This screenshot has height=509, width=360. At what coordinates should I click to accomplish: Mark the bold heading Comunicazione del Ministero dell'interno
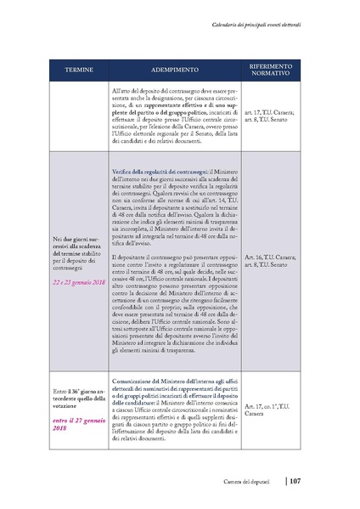tap(176, 373)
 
